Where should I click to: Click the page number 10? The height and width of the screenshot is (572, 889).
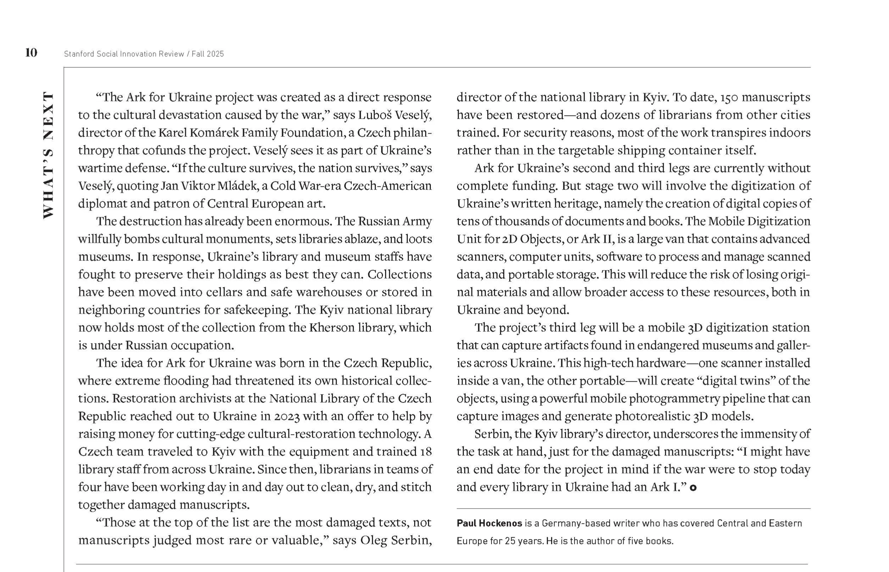click(x=31, y=53)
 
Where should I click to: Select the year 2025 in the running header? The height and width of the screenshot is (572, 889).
click(x=216, y=54)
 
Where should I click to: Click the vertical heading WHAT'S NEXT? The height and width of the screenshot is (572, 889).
click(x=48, y=155)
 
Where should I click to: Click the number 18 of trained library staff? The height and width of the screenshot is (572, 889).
click(x=426, y=452)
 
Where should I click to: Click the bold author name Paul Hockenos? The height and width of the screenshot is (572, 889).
click(x=489, y=523)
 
